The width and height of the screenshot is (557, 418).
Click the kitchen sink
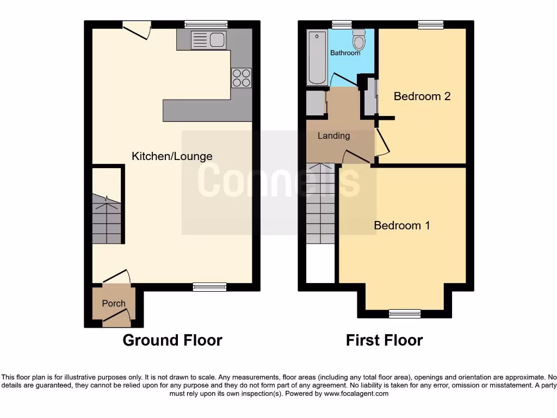(209, 40)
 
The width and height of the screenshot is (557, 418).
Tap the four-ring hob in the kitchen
(242, 77)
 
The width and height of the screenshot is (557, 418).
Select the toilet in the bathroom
(359, 40)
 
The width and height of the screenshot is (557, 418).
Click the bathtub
(317, 58)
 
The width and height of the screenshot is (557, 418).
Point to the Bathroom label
(345, 53)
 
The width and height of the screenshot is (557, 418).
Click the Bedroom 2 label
(422, 96)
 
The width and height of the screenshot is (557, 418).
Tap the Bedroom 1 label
(402, 225)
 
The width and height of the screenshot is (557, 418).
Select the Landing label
(333, 136)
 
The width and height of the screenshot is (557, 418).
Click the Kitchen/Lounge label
(172, 156)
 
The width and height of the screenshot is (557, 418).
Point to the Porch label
(114, 303)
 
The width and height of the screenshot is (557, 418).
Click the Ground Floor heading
(172, 340)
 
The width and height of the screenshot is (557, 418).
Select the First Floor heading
(385, 340)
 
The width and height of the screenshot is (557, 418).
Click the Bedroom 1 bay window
(405, 313)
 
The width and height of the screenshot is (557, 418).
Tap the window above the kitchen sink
(206, 24)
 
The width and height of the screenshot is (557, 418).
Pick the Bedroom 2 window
(430, 24)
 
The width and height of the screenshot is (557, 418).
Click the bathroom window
(342, 24)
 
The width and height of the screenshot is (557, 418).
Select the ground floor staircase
(107, 220)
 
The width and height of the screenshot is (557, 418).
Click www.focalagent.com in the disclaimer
(357, 394)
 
